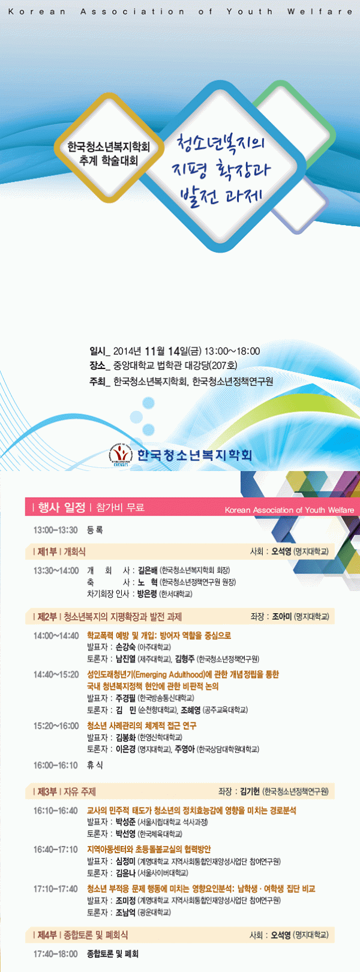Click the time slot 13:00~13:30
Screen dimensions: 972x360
(55, 530)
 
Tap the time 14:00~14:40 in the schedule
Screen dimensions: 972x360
(56, 635)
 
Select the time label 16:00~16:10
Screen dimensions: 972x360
(55, 765)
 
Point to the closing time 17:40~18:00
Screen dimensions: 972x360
(55, 953)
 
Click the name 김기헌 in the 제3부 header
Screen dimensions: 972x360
(249, 791)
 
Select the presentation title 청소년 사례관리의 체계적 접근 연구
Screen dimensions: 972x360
(141, 725)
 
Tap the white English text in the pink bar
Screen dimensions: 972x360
(289, 510)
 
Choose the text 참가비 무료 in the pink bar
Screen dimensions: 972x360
(120, 508)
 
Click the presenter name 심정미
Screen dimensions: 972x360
(125, 861)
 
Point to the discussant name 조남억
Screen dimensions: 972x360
(125, 912)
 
